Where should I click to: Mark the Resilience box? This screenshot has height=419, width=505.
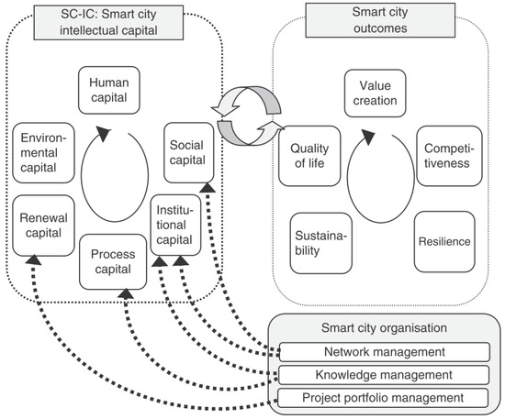tap(446, 241)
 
